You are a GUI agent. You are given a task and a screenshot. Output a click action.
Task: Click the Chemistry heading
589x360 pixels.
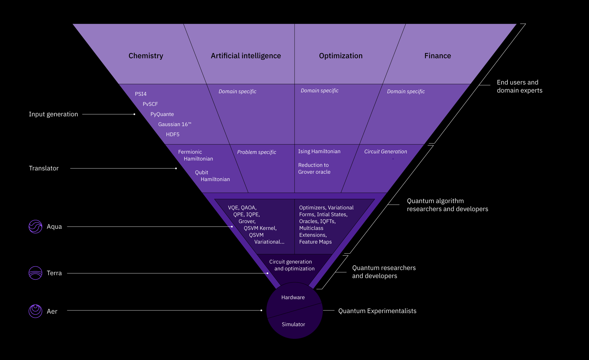coord(146,56)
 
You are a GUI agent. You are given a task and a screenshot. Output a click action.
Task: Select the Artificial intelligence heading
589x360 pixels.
coord(246,56)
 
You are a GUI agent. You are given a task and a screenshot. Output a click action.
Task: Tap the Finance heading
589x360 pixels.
coord(438,56)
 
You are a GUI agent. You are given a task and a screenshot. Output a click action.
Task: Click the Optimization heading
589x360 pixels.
coord(341,56)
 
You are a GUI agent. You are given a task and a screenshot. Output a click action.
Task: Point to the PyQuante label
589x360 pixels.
coord(162,114)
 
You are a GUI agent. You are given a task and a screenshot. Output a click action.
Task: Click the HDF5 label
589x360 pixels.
coord(173,134)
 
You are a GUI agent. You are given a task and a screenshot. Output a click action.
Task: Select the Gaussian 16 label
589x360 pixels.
coord(175,124)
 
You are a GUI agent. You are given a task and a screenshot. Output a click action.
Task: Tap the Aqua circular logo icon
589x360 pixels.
coord(35,227)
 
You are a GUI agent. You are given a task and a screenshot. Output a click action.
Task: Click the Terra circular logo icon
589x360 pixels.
coord(35,273)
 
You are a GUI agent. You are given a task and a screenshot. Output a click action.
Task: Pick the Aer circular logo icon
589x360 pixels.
coord(35,311)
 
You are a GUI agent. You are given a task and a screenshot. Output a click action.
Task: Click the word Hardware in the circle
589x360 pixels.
coord(293,298)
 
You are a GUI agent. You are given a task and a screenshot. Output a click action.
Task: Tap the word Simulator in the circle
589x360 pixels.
coord(293,324)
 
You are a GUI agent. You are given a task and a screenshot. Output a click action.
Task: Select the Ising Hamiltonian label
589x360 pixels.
coord(319,151)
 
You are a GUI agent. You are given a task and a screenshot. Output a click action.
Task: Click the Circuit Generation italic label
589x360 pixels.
coord(386,151)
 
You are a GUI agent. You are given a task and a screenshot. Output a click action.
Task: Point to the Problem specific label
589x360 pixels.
coord(257,152)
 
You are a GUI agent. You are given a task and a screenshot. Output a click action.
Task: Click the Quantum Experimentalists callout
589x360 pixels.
coord(377,311)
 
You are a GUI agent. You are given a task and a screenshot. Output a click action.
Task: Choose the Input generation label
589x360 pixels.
coord(54,114)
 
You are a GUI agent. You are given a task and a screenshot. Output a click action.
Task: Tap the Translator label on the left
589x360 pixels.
coord(44,168)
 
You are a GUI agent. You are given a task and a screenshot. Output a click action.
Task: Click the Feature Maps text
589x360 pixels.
coord(315,242)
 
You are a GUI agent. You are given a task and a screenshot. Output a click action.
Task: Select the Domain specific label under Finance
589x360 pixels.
coord(406,92)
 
